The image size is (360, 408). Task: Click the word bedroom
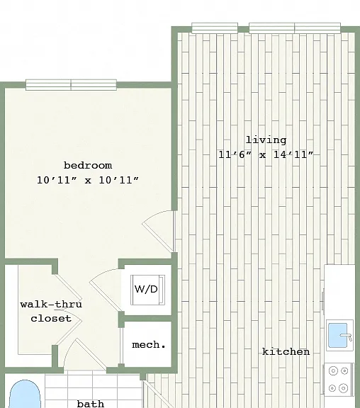click(x=88, y=166)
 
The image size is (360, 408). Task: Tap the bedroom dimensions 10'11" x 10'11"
click(x=88, y=180)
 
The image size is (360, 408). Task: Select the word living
click(x=266, y=140)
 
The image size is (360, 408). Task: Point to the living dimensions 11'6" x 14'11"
click(x=266, y=154)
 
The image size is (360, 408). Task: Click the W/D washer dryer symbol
click(x=147, y=290)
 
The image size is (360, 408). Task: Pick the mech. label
click(x=149, y=345)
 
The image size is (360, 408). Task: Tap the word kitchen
click(x=286, y=352)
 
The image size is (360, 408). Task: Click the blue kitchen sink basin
click(x=337, y=336)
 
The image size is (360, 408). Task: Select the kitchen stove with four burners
click(x=339, y=380)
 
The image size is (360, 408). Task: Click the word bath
click(x=91, y=404)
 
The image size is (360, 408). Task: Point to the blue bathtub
click(x=25, y=395)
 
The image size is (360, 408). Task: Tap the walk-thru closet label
click(x=51, y=311)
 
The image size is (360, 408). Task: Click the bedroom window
click(x=71, y=85)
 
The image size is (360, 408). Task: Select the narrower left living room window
click(x=215, y=28)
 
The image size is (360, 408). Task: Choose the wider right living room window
click(x=295, y=28)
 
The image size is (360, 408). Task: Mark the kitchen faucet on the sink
click(x=347, y=337)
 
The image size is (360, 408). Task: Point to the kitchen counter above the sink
click(x=339, y=291)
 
